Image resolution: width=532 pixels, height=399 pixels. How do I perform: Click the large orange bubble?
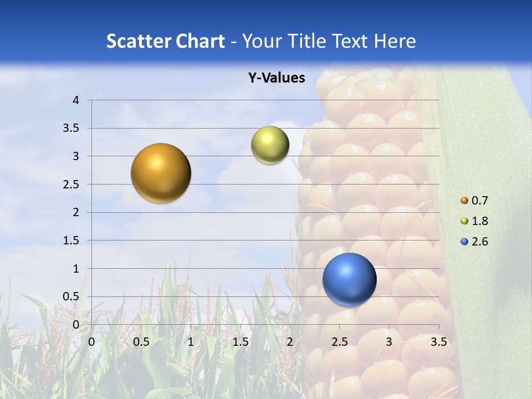click(x=161, y=173)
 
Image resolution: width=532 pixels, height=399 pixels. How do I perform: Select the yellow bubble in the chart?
click(x=270, y=145)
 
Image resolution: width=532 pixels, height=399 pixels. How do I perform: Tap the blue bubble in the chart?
click(x=349, y=279)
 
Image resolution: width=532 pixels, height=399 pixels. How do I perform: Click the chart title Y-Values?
click(x=276, y=78)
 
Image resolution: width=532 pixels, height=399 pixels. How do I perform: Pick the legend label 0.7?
click(x=480, y=201)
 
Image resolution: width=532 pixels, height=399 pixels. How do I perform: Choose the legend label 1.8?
click(x=480, y=221)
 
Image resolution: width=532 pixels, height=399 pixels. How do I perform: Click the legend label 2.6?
click(x=480, y=242)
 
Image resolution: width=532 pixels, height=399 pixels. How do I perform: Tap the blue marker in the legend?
click(x=464, y=242)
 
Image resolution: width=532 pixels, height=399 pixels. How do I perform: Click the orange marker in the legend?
click(x=464, y=201)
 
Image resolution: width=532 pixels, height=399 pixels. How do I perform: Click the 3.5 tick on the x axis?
click(x=438, y=342)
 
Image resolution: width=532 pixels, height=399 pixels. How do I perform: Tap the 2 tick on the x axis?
click(x=289, y=342)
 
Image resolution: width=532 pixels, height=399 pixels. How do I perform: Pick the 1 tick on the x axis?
click(x=191, y=342)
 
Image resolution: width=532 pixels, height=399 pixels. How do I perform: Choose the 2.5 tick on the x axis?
click(x=339, y=342)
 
